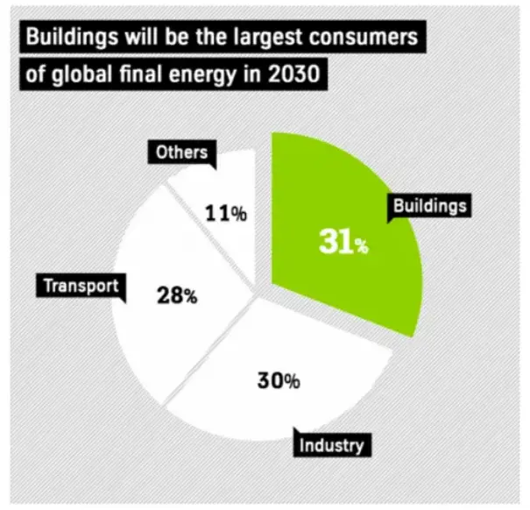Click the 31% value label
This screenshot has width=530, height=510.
pyautogui.click(x=343, y=243)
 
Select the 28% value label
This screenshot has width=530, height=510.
pyautogui.click(x=176, y=295)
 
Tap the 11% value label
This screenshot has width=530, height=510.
pyautogui.click(x=225, y=212)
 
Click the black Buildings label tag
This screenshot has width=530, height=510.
pyautogui.click(x=429, y=206)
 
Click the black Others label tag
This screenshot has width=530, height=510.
pyautogui.click(x=181, y=152)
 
